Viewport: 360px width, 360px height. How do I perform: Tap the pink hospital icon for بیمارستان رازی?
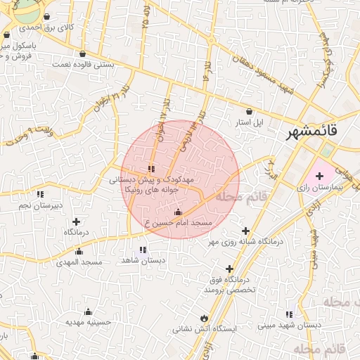click(320, 175)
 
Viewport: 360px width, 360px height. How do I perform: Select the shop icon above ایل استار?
click(250, 111)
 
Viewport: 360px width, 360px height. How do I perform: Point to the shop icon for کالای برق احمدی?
click(46, 16)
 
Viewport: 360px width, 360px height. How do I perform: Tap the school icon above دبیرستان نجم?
click(40, 194)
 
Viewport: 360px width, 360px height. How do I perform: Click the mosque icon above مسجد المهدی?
click(79, 251)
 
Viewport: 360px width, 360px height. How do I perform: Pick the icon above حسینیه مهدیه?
click(89, 311)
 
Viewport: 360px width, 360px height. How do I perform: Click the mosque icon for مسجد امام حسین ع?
click(177, 212)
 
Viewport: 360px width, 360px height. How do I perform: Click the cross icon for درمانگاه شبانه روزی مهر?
click(245, 231)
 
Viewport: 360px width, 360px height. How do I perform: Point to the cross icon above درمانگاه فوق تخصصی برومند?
click(229, 269)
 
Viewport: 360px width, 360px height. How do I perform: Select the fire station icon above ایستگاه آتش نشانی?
click(205, 317)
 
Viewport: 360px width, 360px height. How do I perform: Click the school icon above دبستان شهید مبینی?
click(289, 314)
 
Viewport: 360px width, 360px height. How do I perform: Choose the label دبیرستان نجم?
click(40, 205)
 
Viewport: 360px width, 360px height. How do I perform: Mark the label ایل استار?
click(249, 122)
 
